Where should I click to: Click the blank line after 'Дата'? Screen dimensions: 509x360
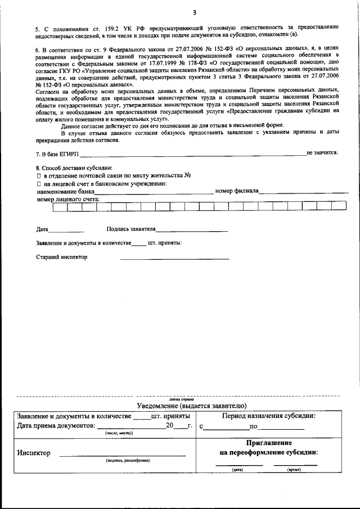coord(66,231)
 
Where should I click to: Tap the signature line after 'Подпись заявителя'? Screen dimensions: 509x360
coord(192,231)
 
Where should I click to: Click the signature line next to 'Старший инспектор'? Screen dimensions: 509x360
coord(174,259)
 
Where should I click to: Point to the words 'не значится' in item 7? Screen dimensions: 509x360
coord(322,152)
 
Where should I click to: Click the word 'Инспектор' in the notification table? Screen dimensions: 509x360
coord(34,453)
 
